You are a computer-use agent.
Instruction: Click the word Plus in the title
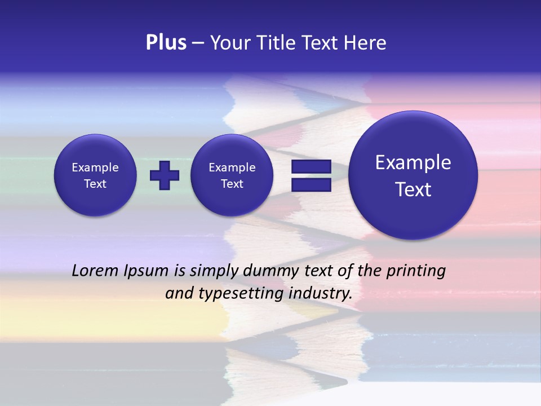166,43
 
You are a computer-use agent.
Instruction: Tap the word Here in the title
365,43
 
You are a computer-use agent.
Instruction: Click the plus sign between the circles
165,175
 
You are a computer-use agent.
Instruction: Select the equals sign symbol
311,175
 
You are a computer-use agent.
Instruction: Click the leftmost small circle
95,175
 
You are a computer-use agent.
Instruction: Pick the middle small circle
232,175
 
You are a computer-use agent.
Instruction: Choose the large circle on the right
413,175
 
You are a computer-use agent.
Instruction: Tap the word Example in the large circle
413,162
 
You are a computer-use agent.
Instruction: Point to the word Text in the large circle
413,189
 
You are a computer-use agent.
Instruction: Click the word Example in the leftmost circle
95,167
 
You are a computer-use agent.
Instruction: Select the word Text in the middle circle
232,184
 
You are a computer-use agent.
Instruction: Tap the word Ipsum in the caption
147,271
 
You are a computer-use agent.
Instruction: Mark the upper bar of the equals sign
311,167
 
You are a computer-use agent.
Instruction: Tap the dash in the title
198,43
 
